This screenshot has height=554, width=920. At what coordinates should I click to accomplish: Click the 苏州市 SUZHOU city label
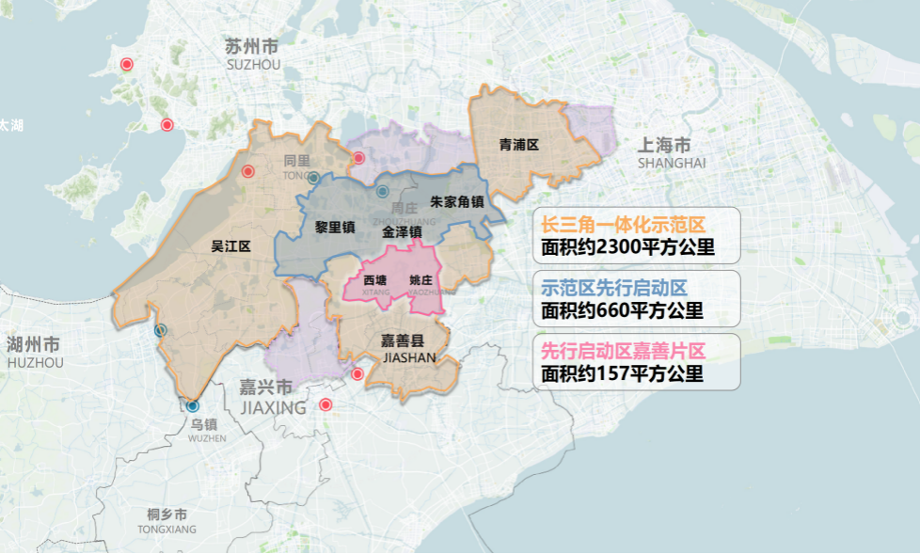coord(252,53)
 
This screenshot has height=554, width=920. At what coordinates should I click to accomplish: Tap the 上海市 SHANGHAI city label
coord(671,152)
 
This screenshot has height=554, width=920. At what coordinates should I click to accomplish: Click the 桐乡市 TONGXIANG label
coord(167,520)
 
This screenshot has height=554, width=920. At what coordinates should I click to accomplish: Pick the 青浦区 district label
coord(518,145)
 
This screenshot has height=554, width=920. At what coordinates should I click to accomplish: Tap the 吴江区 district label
coord(230,246)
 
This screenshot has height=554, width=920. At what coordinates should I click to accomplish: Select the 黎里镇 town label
coord(334,227)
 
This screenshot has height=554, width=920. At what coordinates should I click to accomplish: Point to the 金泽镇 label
coord(402,230)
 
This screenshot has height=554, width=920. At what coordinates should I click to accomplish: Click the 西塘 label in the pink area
coord(375,279)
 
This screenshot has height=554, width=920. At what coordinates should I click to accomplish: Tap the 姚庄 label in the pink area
coord(420,279)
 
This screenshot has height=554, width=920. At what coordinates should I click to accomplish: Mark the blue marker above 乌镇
coord(193,406)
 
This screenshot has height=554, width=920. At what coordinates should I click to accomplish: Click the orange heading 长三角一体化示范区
coord(623,227)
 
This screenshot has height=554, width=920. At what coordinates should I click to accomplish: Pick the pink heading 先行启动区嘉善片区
coord(623,351)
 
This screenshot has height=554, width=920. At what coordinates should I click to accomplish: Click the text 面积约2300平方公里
coord(627,249)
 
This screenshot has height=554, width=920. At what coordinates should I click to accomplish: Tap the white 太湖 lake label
coord(11,124)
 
